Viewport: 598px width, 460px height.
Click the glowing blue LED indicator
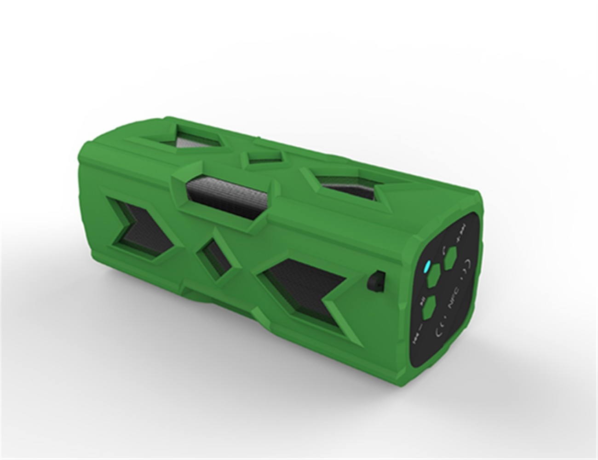pos(426,266)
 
